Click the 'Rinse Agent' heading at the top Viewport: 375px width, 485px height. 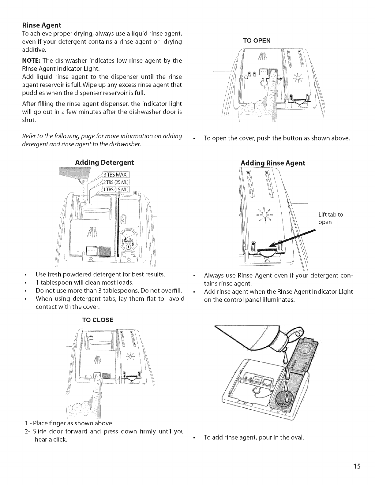click(x=42, y=25)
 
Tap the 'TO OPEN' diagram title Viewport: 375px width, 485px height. click(x=257, y=41)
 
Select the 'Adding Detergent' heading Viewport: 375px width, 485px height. click(x=104, y=163)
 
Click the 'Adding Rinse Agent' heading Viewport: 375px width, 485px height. click(x=273, y=163)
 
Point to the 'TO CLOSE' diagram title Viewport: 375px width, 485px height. click(x=98, y=320)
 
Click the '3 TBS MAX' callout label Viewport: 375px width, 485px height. click(x=116, y=174)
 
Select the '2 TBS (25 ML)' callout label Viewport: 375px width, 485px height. click(x=116, y=182)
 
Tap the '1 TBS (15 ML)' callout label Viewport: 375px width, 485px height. click(x=116, y=189)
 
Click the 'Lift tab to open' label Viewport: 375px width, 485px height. click(x=331, y=218)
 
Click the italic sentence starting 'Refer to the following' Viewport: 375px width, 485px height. click(x=102, y=140)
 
